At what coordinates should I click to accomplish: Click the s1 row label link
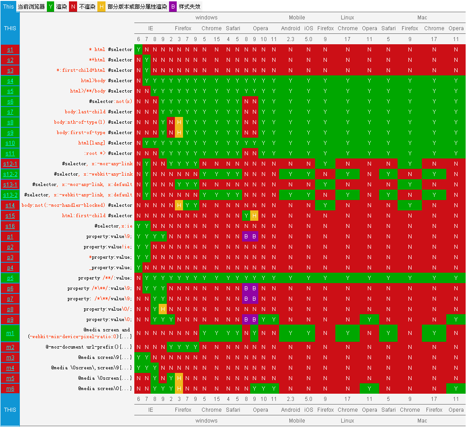coord(10,49)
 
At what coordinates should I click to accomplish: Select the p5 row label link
coord(10,278)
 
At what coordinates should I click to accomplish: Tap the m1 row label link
coord(10,333)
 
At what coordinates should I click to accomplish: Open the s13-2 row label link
coord(10,195)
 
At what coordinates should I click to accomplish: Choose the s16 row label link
coord(10,226)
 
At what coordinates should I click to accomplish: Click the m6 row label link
coord(10,388)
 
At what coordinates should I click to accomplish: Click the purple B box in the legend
coord(173,7)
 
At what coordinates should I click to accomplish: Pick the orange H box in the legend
coord(101,7)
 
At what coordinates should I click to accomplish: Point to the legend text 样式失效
coord(189,7)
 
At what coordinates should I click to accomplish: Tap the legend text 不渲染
coord(87,7)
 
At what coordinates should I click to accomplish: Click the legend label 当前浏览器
coord(31,7)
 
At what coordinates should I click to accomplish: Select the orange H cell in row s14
coord(179,205)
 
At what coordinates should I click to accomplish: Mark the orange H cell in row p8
coord(163,309)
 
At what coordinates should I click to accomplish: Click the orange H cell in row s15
coord(254,215)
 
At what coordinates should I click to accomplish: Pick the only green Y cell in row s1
coord(138,49)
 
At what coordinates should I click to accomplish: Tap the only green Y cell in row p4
coord(138,268)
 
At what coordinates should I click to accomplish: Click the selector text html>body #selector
coord(106,80)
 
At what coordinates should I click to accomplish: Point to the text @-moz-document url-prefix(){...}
coord(89,347)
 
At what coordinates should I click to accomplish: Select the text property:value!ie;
coord(108,247)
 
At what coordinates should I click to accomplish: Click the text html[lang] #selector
coord(105,143)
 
